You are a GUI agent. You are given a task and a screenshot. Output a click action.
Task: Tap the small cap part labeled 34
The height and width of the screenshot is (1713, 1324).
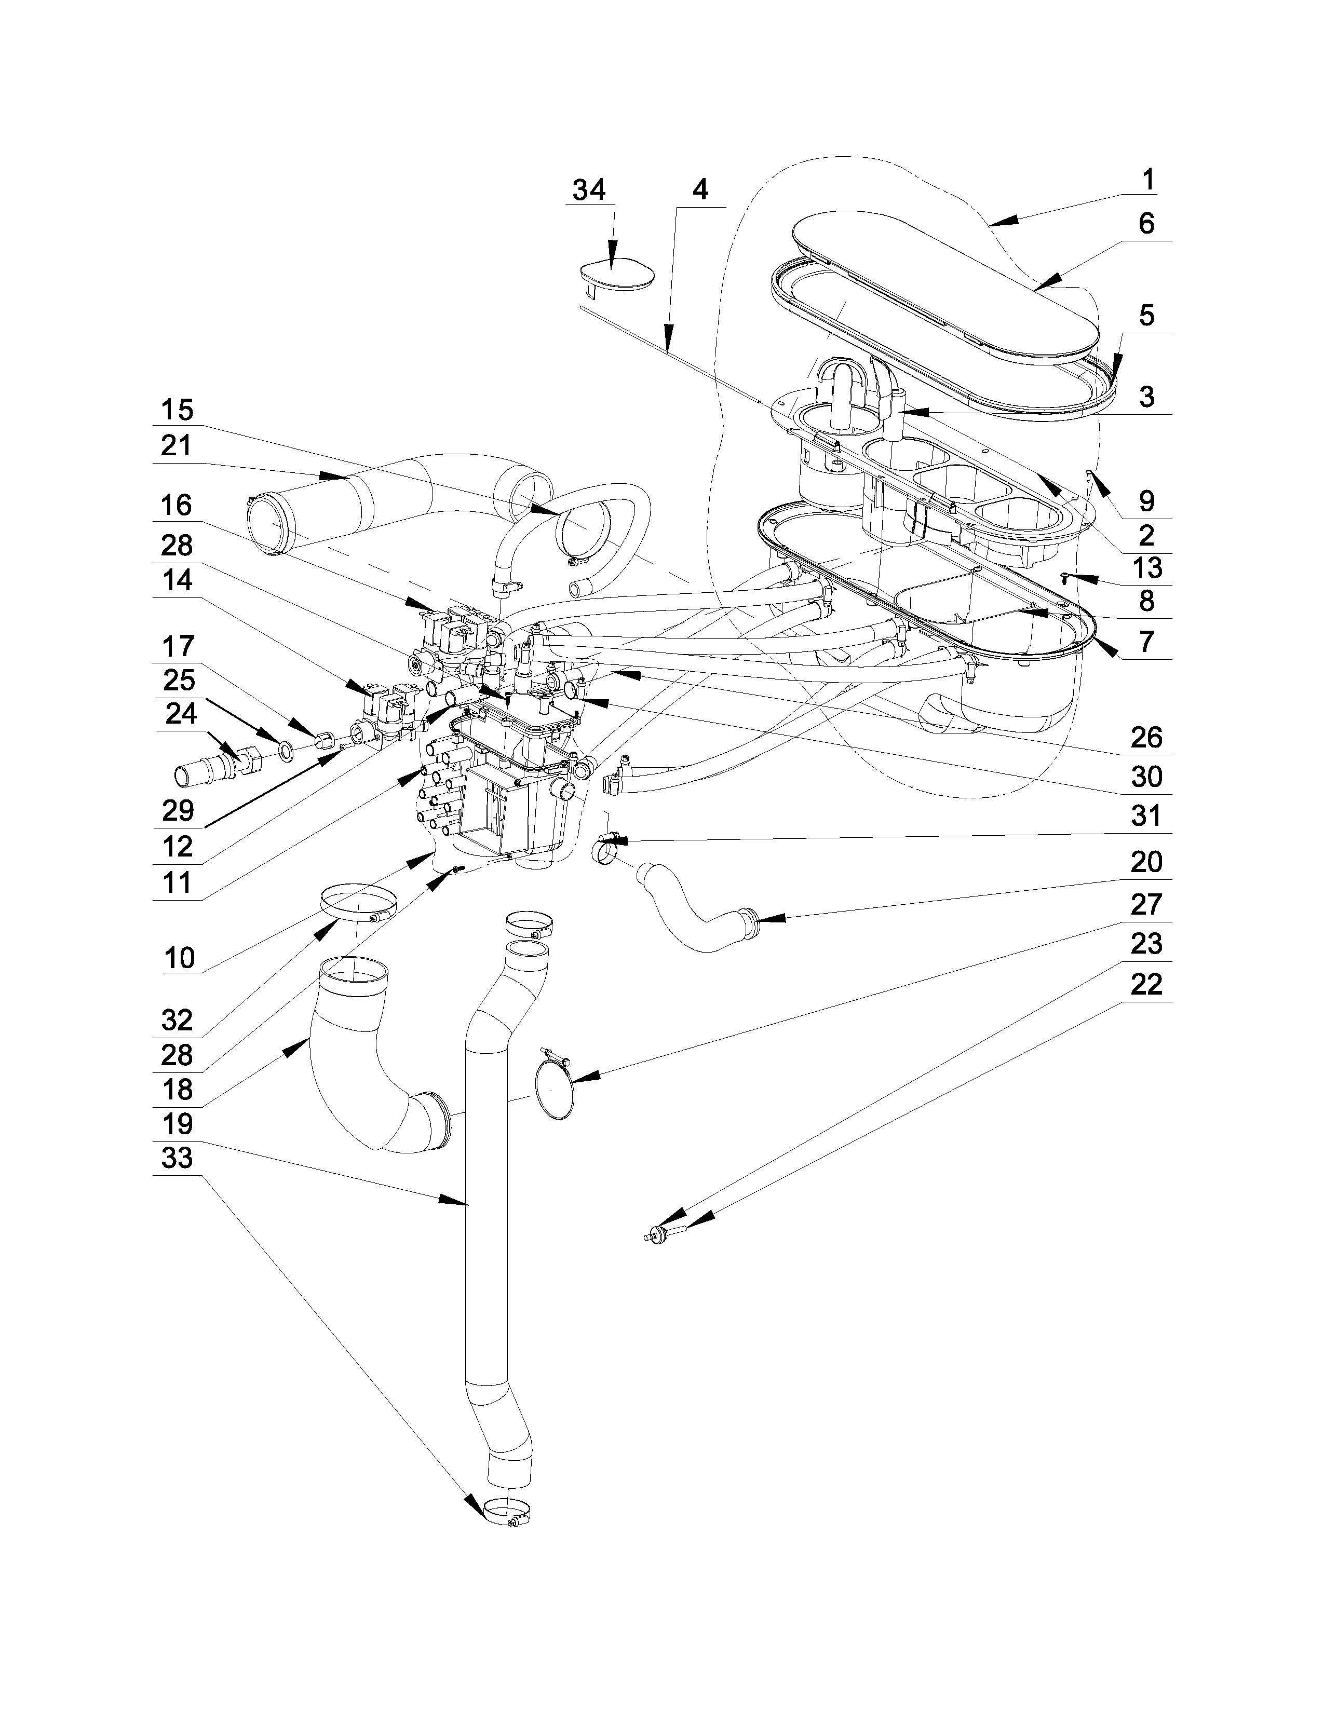point(616,275)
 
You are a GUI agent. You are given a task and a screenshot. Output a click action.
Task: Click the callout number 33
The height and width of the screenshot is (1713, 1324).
point(177,1158)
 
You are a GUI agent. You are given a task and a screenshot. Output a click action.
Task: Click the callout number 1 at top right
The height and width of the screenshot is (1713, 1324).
point(1147,181)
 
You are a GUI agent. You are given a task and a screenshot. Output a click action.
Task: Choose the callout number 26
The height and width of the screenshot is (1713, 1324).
point(1146,737)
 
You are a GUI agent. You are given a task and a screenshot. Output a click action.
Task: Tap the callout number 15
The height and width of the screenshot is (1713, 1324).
point(177,410)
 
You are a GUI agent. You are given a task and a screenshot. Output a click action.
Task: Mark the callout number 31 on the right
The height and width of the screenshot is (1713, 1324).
point(1146,817)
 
